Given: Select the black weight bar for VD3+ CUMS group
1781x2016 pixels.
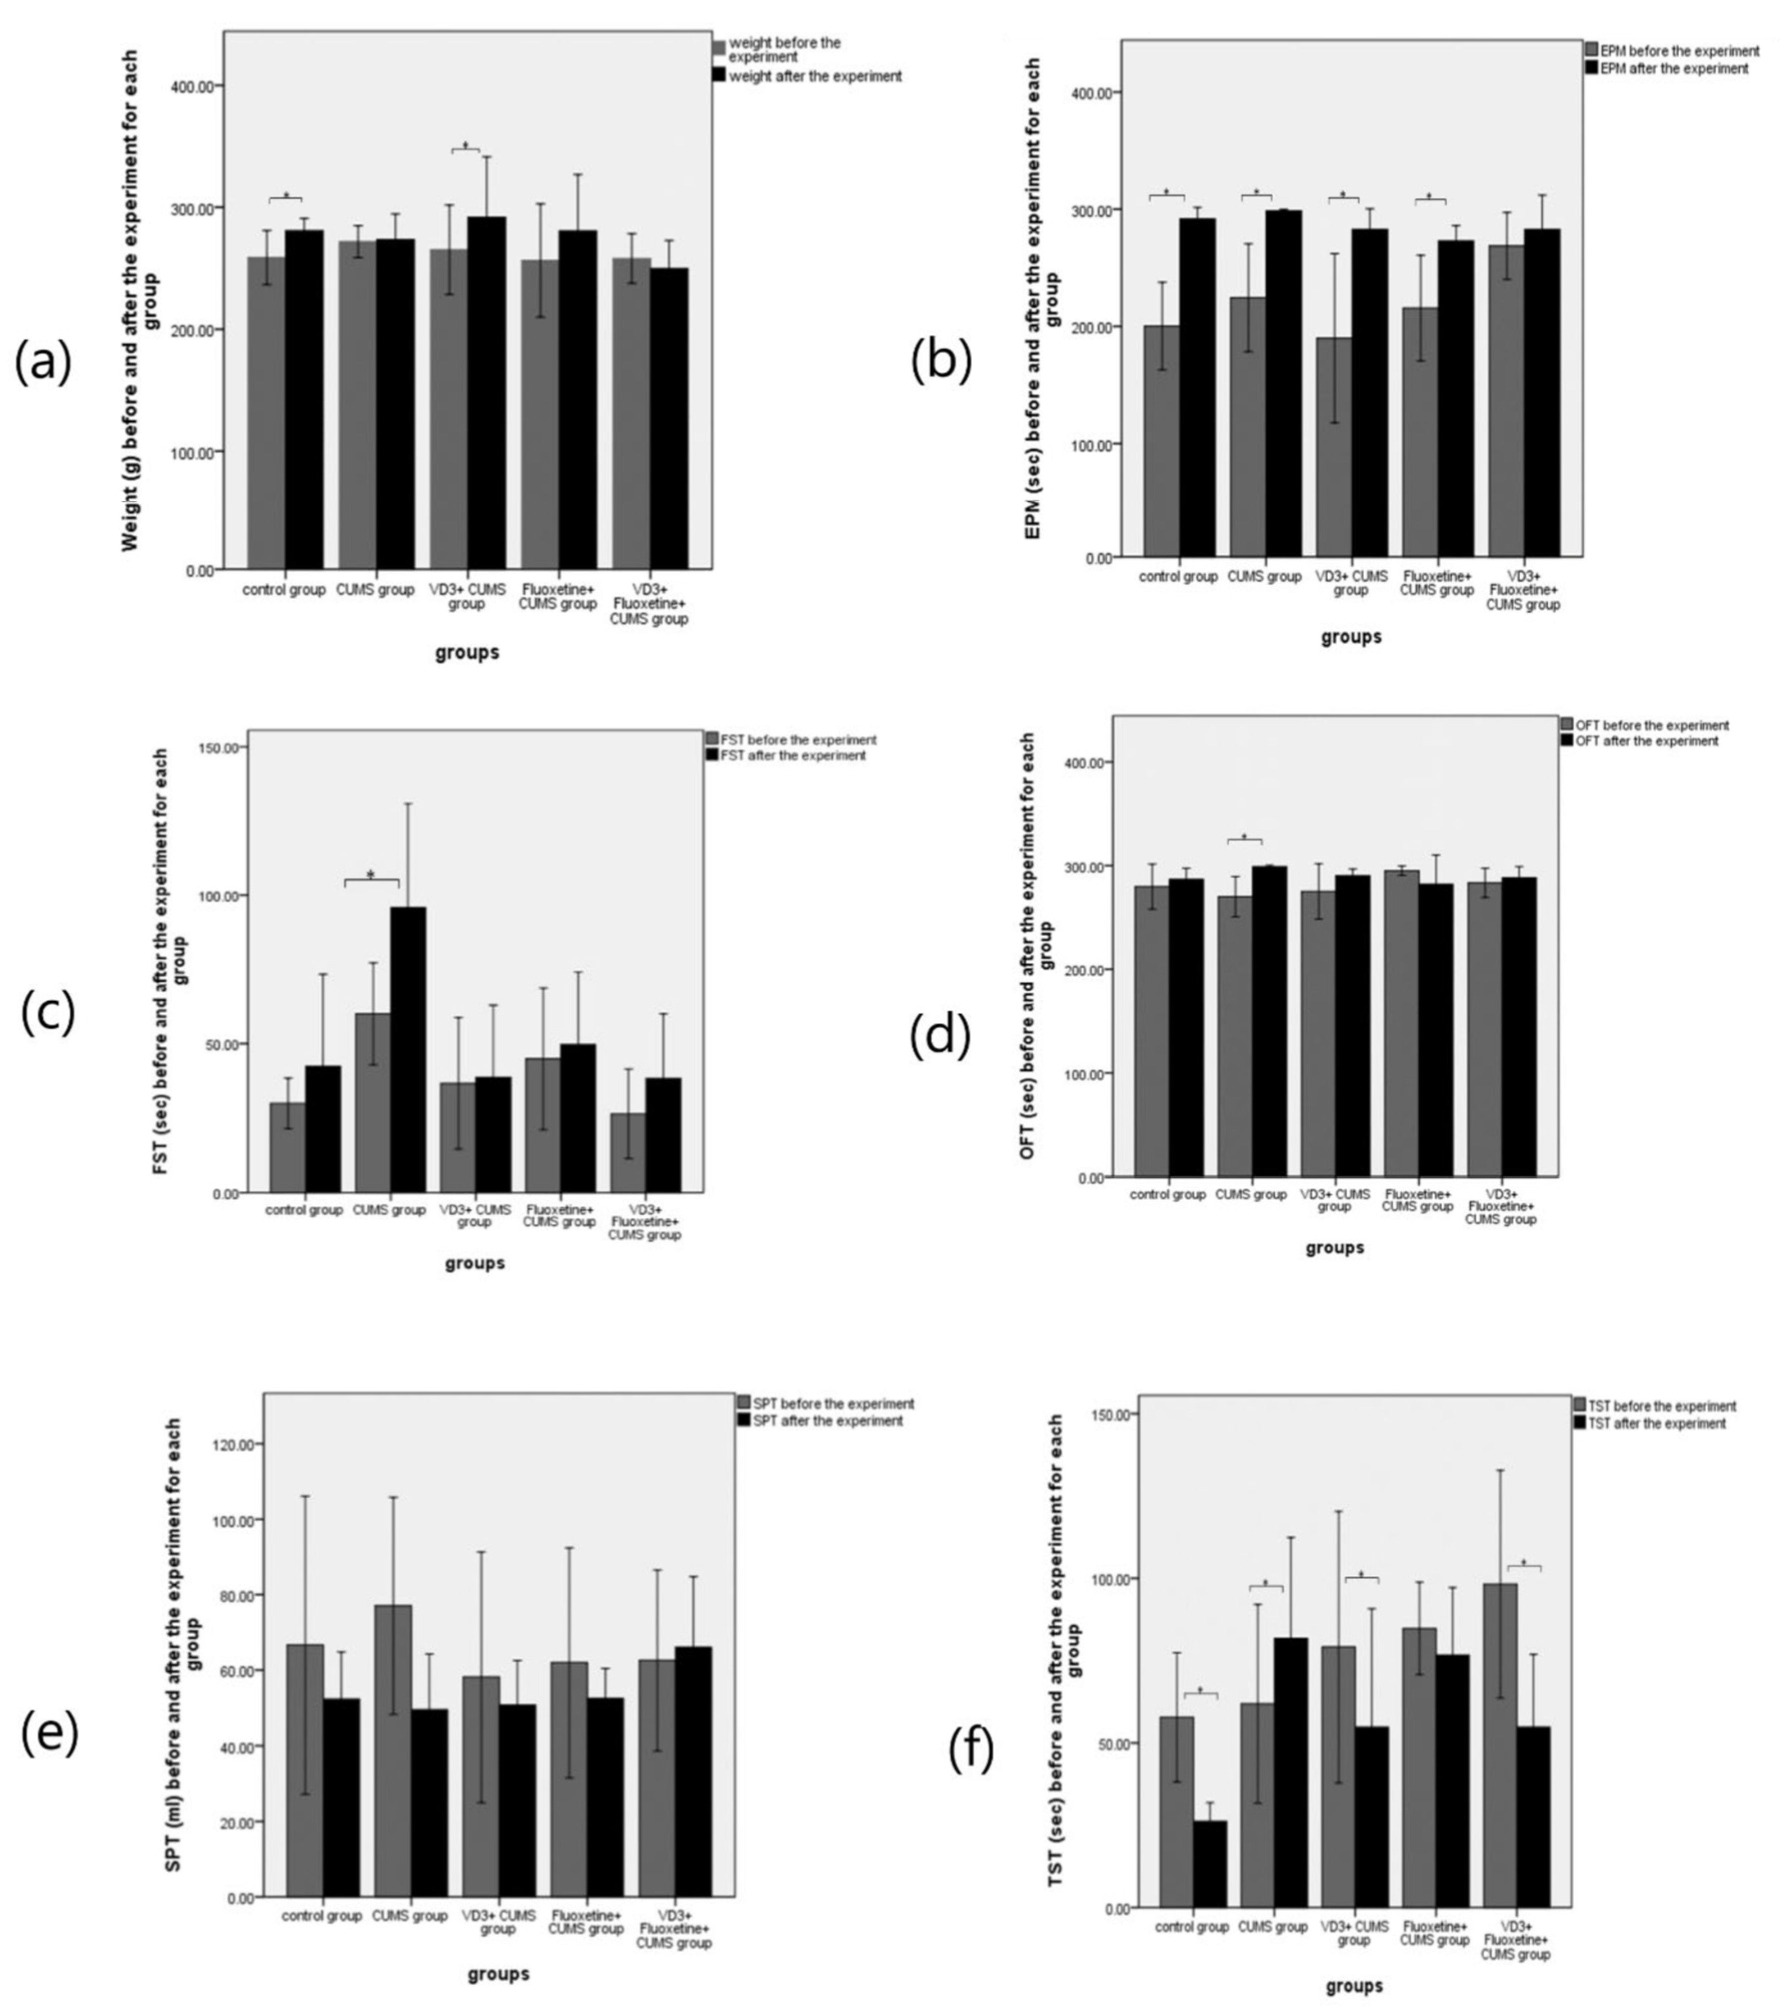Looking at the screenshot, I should point(486,392).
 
